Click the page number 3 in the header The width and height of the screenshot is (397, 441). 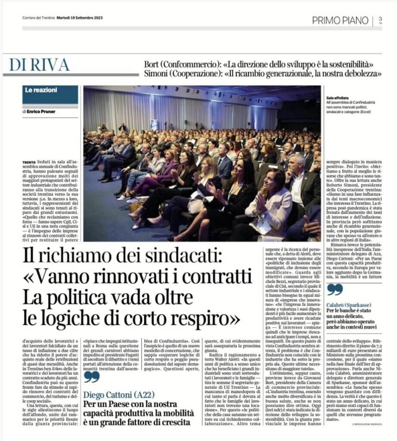[x=380, y=20]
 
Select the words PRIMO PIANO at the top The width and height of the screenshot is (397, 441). [x=340, y=20]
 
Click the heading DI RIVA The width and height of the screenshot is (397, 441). [x=40, y=65]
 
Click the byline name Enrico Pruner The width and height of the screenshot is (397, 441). [x=46, y=112]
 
